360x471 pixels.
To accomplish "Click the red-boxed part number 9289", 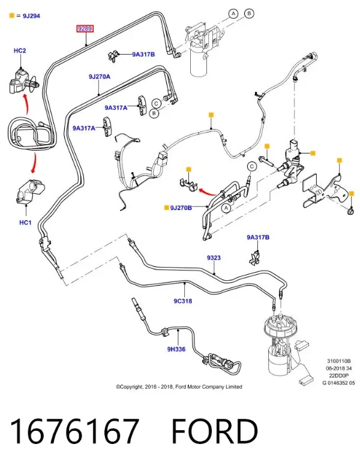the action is click(85, 29).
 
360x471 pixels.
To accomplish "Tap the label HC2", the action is click(20, 50).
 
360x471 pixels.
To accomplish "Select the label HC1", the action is click(25, 223).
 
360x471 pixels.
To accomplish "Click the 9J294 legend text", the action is click(31, 16).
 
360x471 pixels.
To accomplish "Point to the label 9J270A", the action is click(100, 77).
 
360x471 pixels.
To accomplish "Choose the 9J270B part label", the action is click(181, 208).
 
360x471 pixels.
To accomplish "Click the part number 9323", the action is click(214, 258).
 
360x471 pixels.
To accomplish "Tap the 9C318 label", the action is click(183, 301).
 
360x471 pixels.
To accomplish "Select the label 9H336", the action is click(176, 349).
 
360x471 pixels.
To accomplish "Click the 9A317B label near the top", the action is click(143, 55).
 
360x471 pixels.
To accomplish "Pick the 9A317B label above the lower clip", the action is click(258, 238).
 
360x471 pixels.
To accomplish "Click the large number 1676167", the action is click(74, 431).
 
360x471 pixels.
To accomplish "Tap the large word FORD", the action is click(215, 431).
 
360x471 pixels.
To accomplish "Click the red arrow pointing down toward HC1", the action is click(34, 163).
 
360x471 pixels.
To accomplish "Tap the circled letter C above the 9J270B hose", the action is click(252, 166).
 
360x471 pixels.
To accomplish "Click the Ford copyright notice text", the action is click(179, 387).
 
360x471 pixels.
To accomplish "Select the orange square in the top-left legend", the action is click(12, 16).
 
